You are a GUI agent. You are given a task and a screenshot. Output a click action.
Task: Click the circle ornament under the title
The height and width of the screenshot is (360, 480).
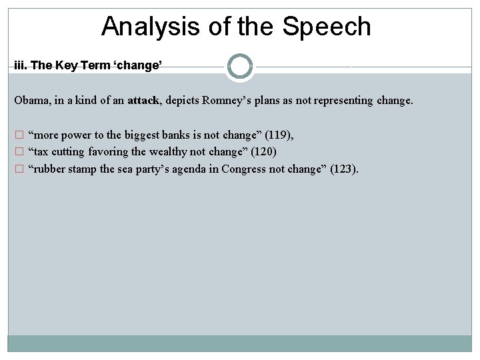pyautogui.click(x=240, y=67)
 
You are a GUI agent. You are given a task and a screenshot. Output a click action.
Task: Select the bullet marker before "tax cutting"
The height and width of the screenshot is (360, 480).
pyautogui.click(x=19, y=152)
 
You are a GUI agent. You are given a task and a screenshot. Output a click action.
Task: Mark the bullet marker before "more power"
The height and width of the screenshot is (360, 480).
pyautogui.click(x=19, y=135)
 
